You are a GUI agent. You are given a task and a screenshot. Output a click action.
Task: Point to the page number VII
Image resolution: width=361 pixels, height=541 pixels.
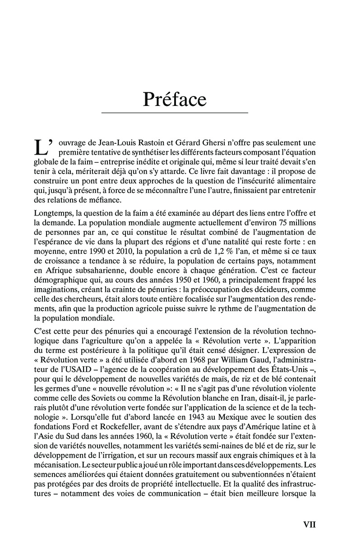[309, 524]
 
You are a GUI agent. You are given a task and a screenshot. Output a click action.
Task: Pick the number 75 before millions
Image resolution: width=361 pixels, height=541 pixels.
[281, 224]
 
